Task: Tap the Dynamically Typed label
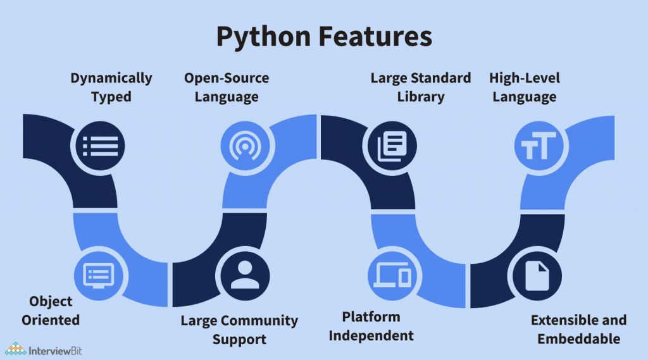111,87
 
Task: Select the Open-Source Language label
227,87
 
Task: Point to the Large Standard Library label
421,87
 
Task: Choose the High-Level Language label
525,87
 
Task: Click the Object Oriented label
51,310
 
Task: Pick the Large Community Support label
239,330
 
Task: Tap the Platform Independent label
371,326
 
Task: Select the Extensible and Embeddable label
578,329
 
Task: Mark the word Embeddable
578,338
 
